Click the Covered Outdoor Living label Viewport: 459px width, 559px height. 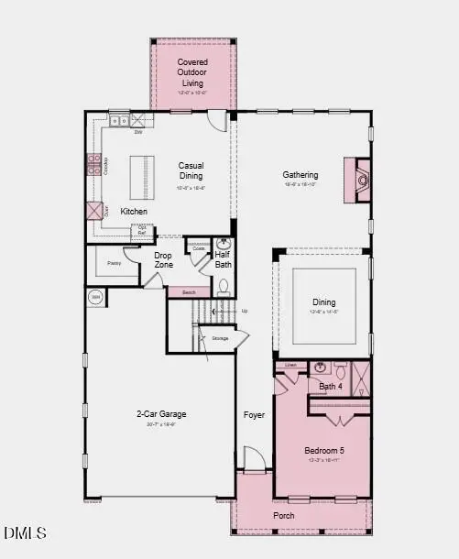pos(192,72)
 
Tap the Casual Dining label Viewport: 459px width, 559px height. pos(191,171)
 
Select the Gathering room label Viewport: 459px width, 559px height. pos(300,175)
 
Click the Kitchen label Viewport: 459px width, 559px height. pos(134,212)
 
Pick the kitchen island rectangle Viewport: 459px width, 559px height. pos(140,175)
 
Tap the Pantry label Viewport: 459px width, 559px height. pos(115,263)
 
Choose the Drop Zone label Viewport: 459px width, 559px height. pos(163,260)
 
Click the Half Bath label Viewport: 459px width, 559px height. pos(224,260)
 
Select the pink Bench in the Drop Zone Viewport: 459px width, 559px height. pos(190,292)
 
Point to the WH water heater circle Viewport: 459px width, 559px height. pos(95,297)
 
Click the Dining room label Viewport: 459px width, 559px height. pos(323,302)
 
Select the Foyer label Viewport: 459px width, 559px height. pos(254,415)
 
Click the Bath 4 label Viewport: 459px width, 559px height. pos(330,387)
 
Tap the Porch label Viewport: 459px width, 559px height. pos(284,515)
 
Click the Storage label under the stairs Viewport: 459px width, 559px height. pos(220,338)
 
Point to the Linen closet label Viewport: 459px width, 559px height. pos(290,366)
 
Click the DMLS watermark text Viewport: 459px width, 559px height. pos(25,532)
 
